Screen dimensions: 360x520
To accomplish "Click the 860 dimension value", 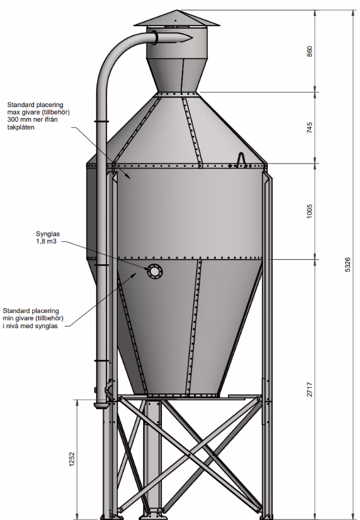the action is pyautogui.click(x=310, y=51).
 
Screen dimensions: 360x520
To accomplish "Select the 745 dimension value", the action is pyautogui.click(x=310, y=128).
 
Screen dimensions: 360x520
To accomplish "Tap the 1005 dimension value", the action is pyautogui.click(x=310, y=211).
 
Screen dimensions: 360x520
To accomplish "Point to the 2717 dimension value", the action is pyautogui.click(x=310, y=389).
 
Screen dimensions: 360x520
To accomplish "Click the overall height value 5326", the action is pyautogui.click(x=347, y=265).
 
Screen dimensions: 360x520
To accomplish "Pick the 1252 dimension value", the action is pyautogui.click(x=72, y=459).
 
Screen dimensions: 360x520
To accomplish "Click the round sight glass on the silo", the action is pyautogui.click(x=154, y=272).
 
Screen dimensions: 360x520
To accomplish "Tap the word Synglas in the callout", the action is pyautogui.click(x=47, y=234).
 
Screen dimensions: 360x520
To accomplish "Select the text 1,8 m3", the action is pyautogui.click(x=46, y=241).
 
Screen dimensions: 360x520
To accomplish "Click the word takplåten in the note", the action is pyautogui.click(x=21, y=127).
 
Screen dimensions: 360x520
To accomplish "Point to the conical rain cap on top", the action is pyautogui.click(x=176, y=18).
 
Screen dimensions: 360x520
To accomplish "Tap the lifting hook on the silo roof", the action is pyautogui.click(x=242, y=160).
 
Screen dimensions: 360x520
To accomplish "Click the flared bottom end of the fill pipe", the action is pyautogui.click(x=101, y=406).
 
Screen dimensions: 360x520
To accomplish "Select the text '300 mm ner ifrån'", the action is pyautogui.click(x=32, y=120).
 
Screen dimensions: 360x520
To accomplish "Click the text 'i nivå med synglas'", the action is pyautogui.click(x=30, y=326).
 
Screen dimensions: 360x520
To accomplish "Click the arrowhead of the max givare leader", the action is pyautogui.click(x=129, y=177).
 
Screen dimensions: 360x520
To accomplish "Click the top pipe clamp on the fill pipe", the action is pyautogui.click(x=102, y=121).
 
